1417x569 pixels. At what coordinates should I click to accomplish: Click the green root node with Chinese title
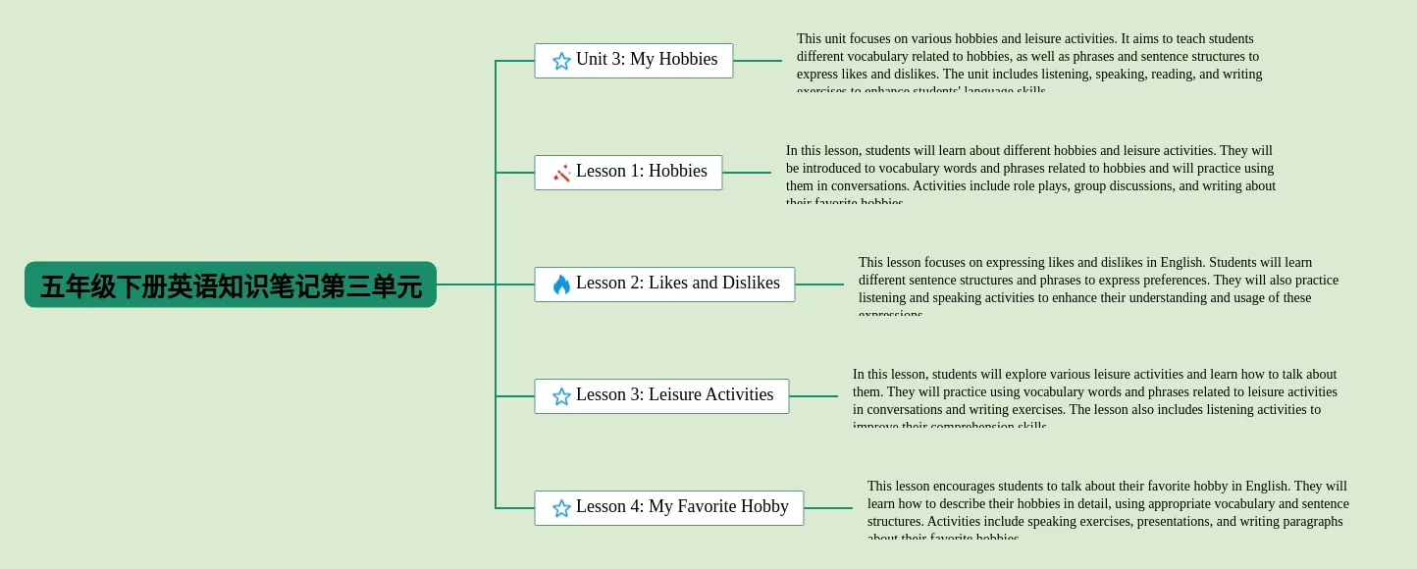pos(231,284)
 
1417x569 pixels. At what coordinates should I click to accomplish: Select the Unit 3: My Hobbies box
pos(634,61)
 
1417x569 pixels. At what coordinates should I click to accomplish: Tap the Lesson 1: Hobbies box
pos(628,173)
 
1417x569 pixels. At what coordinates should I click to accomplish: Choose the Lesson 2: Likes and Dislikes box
pos(664,284)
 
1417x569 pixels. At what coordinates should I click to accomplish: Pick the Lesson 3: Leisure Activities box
pos(661,396)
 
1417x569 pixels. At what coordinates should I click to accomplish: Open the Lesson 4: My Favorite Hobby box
pos(668,508)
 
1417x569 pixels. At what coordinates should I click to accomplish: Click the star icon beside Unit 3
pos(561,61)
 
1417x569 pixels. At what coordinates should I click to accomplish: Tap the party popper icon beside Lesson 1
pos(561,173)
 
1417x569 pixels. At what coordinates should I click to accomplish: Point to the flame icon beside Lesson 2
pos(561,284)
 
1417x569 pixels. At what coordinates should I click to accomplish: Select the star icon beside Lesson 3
pos(561,396)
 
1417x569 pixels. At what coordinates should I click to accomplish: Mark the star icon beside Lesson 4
pos(561,508)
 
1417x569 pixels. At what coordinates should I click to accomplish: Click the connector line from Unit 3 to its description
pos(758,61)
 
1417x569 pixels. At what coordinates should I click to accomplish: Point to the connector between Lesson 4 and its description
pos(828,508)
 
